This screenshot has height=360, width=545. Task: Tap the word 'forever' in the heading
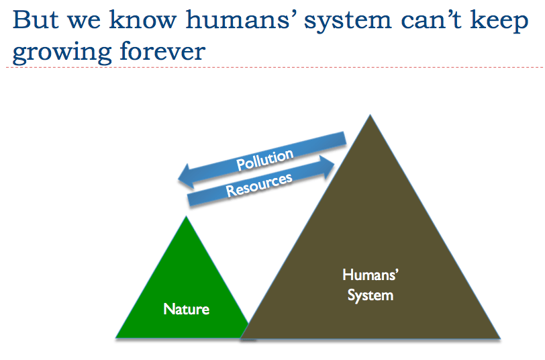pos(164,50)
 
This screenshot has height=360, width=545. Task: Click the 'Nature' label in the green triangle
pos(186,310)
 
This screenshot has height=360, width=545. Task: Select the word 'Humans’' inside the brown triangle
pos(370,275)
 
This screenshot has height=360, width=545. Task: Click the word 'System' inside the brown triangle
pos(370,296)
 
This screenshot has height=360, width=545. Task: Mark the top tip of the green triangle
pos(186,217)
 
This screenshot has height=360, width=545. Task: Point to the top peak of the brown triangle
pos(368,116)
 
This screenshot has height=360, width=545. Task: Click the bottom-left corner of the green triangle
pos(117,336)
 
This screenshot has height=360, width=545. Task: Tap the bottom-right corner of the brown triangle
pos(500,337)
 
